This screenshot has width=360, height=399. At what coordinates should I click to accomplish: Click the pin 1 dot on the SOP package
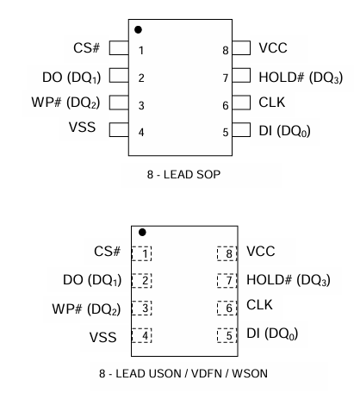pos(138,29)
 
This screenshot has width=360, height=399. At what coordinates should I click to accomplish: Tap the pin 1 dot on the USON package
pos(142,232)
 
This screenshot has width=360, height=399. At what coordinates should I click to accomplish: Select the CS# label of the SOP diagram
pos(86,47)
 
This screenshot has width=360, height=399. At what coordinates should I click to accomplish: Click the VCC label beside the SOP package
pos(273,47)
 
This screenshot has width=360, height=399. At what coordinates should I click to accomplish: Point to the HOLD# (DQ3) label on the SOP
pos(301,78)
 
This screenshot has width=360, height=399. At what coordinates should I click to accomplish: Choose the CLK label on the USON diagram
pos(259,305)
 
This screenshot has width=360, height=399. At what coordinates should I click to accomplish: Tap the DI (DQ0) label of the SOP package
pos(284,131)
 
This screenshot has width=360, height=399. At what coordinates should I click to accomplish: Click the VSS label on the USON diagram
pos(102,337)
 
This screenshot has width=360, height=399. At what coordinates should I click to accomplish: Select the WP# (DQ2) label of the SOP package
pos(65,103)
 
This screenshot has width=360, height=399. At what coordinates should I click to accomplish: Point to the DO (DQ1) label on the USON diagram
pos(92,280)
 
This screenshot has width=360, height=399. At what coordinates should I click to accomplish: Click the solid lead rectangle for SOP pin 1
pos(119,47)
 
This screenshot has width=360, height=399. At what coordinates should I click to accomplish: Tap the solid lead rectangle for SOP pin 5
pos(241,129)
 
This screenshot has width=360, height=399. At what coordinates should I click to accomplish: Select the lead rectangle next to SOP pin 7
pos(241,75)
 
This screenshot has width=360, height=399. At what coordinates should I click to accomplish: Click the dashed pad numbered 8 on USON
pos(227,253)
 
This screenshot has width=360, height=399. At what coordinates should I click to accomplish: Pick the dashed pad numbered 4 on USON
pos(141,335)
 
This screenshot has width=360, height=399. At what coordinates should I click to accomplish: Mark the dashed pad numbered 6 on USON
pos(227,308)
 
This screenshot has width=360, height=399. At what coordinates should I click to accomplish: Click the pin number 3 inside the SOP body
pos(141,105)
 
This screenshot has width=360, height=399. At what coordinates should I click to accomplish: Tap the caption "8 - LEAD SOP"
pos(183,174)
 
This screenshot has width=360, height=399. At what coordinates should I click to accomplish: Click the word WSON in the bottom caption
pos(250,373)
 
